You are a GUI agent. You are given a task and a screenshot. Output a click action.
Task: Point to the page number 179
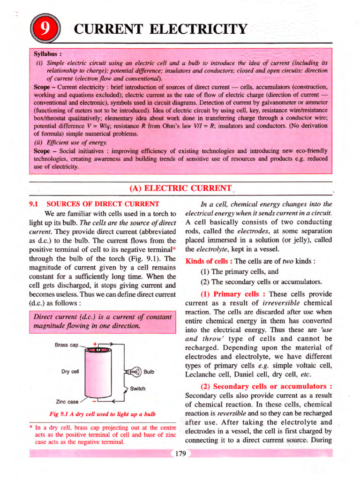coord(180,453)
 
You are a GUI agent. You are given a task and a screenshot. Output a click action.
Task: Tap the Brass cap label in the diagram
coord(67,345)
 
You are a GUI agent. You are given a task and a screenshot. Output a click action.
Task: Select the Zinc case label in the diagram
coord(67,401)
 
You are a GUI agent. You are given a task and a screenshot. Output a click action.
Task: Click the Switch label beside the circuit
coord(138,389)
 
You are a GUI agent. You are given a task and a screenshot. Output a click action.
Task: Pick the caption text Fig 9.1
coord(59,414)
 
